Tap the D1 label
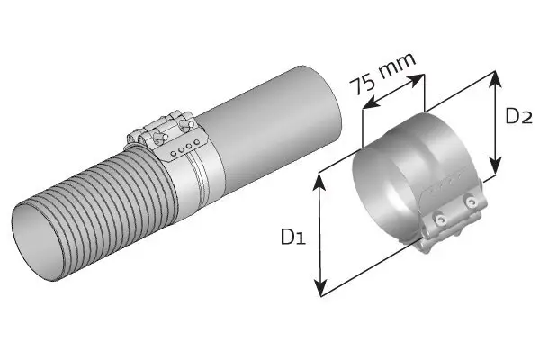(292, 238)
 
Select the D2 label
(519, 116)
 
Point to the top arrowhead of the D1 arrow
(319, 178)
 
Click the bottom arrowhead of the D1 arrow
(319, 292)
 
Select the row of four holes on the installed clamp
(186, 145)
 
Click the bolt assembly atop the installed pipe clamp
(162, 130)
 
